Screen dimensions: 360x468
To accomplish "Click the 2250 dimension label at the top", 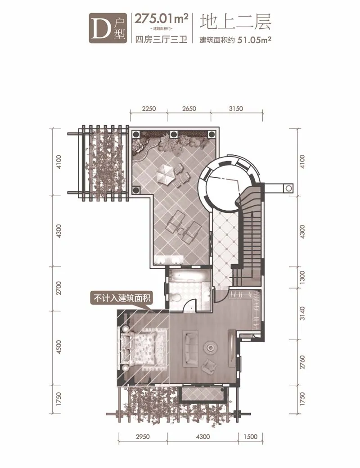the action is [x=148, y=108].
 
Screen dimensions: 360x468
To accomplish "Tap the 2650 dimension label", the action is [x=189, y=108].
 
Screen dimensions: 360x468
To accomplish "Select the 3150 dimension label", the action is [x=236, y=108].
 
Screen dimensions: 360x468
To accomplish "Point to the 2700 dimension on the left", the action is [x=59, y=288].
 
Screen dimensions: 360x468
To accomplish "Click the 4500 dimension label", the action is [x=59, y=347].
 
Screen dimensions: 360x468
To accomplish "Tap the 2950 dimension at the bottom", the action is [x=143, y=436].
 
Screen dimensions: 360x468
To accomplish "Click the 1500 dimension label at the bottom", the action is [x=250, y=436].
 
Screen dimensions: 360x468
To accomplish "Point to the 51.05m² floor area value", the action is [x=254, y=40].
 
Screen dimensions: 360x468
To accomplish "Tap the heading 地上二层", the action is [x=235, y=22].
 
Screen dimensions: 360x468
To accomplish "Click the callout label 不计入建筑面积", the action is [x=122, y=298].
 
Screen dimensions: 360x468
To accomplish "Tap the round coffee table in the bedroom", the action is [x=211, y=347].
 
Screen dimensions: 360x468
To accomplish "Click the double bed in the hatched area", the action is [x=143, y=348].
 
